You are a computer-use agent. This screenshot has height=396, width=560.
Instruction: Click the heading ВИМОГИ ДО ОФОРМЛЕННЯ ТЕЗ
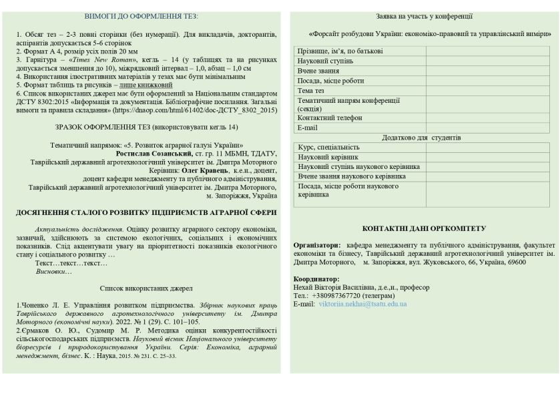pos(142,16)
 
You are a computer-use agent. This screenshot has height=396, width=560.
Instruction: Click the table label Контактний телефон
pos(330,118)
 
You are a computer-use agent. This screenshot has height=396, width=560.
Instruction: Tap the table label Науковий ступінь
pos(326,61)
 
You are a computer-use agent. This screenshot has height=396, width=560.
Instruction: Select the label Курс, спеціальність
pos(329,148)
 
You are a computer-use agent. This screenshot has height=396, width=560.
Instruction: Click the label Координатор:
pos(316,278)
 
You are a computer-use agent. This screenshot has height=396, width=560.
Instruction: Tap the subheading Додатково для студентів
pos(421,138)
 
